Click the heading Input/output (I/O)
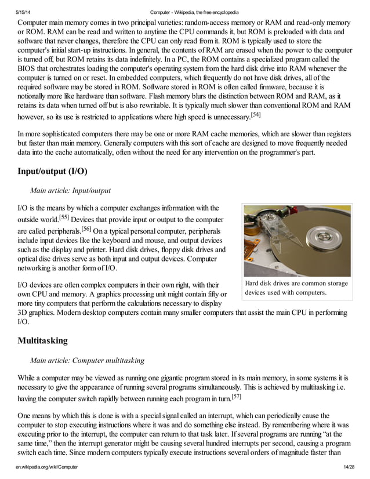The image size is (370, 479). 53,172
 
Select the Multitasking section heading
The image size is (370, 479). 42,340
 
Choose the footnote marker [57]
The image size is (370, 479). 236,396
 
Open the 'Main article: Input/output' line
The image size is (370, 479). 70,190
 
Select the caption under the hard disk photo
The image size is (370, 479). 296,288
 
